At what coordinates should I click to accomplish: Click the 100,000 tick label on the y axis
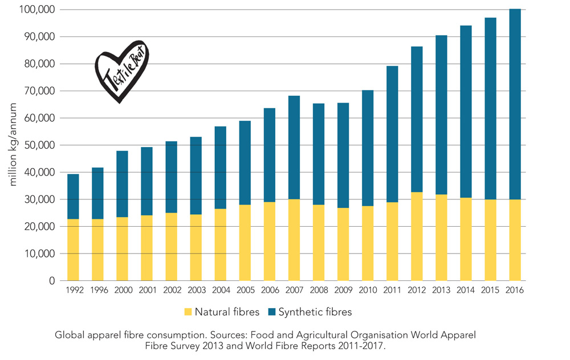coord(35,10)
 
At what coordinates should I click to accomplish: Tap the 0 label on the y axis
coord(51,281)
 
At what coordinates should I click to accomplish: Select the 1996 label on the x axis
coord(99,290)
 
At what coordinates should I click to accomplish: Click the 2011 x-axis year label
coord(393,290)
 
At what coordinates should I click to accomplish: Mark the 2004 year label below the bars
coord(221,290)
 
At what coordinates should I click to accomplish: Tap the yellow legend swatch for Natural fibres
coord(188,312)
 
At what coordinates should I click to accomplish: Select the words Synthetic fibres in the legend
coord(314,312)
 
